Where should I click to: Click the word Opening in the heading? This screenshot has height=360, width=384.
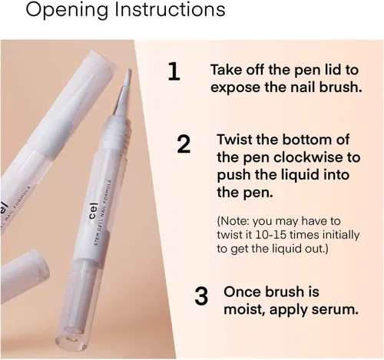click(67, 11)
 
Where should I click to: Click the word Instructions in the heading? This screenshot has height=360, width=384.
click(170, 10)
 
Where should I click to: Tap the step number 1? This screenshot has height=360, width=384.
click(174, 72)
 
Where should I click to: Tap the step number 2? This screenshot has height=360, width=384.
click(184, 144)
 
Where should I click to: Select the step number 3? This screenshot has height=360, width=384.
click(201, 296)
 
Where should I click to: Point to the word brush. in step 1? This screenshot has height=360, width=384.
click(340, 88)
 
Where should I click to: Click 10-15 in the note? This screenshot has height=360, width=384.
click(270, 235)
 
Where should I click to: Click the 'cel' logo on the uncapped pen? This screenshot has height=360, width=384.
click(93, 210)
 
